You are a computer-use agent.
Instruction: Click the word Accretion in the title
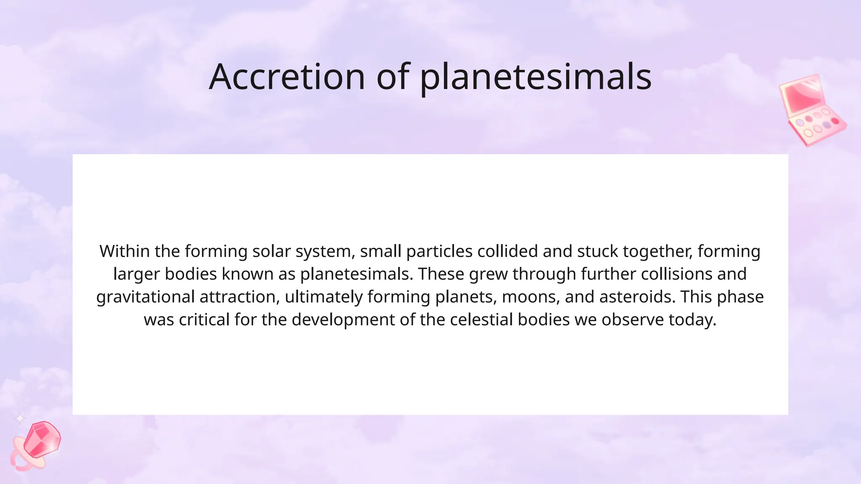click(x=287, y=77)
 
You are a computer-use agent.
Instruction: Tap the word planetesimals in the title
click(x=536, y=78)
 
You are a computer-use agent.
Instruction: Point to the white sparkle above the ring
click(x=20, y=418)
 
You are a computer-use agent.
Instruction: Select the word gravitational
click(x=145, y=297)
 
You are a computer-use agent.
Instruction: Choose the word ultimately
click(x=323, y=297)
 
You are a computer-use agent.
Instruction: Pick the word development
click(x=343, y=320)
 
